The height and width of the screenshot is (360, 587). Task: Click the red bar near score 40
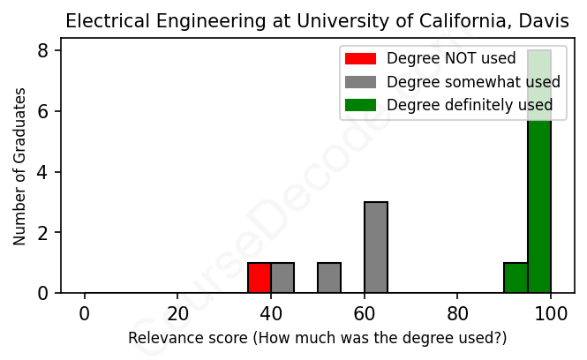[260, 278]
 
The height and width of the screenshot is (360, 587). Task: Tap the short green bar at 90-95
[516, 278]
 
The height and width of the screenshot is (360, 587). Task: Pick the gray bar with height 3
[376, 248]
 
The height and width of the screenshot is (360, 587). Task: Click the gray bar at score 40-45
[282, 278]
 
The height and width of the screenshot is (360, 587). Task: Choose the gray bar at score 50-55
[329, 278]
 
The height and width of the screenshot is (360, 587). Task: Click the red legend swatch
[360, 59]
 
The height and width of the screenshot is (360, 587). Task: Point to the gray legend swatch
[360, 82]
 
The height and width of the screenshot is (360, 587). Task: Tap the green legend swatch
[360, 105]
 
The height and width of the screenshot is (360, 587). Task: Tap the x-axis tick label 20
[177, 313]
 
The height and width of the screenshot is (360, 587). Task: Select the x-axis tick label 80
[457, 313]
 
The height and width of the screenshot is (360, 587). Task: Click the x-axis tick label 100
[551, 313]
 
